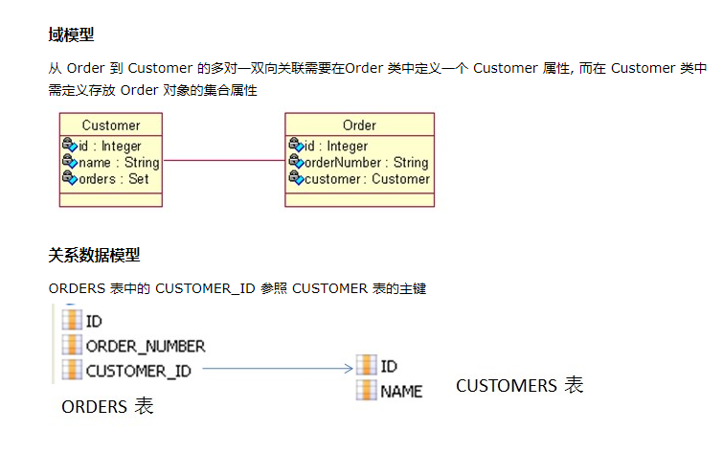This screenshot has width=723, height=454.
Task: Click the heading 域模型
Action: point(71,35)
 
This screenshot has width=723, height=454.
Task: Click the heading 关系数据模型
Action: point(94,255)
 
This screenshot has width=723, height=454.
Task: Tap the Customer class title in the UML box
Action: point(111,125)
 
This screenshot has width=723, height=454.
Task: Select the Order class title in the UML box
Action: point(359,125)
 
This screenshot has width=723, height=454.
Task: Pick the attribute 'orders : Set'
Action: point(113,179)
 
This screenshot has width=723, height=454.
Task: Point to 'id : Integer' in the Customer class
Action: point(109,147)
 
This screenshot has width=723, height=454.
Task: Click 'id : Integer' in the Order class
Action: point(335,147)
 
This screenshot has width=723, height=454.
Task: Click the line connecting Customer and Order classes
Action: point(224,160)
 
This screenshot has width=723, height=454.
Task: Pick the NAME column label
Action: point(401,391)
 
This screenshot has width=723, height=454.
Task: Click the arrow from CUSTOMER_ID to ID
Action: point(278,368)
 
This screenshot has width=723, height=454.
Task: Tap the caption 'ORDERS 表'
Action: point(107,407)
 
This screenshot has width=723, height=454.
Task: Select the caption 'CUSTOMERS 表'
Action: point(519,386)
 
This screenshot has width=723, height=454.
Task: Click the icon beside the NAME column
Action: point(366,390)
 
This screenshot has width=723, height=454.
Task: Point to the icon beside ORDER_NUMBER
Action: point(72,345)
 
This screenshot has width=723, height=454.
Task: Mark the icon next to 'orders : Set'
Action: point(69,178)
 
